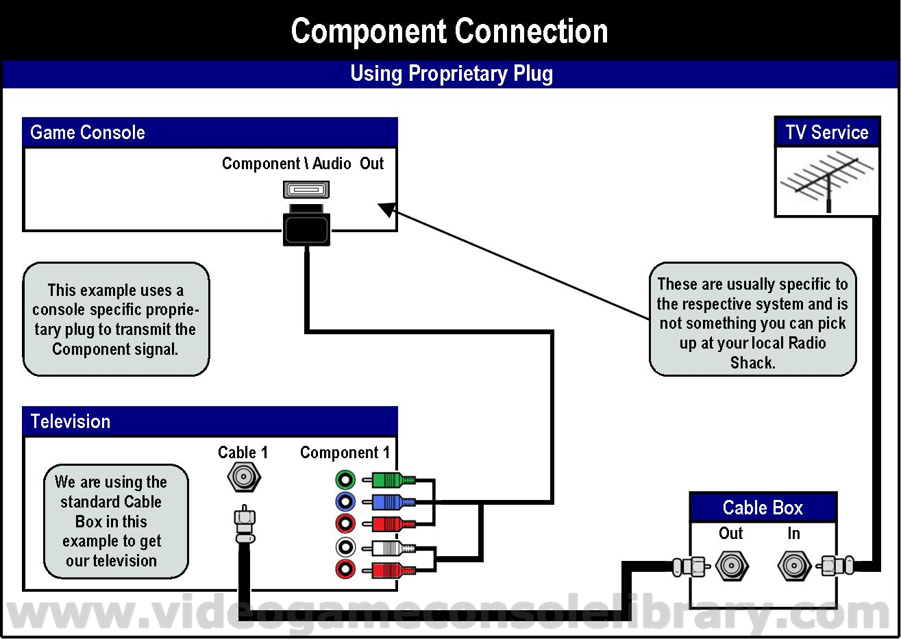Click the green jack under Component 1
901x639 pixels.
345,479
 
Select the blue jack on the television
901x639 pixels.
345,501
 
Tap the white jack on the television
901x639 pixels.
345,547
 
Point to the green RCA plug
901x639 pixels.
388,479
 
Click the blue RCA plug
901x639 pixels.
388,502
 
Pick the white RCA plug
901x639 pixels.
388,548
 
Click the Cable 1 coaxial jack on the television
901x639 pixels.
244,477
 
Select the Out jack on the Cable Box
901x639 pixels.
731,566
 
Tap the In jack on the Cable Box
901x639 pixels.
794,566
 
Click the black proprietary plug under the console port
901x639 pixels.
306,225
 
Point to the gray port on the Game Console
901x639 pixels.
306,190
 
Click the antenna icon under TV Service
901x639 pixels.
826,181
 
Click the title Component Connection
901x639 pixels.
449,31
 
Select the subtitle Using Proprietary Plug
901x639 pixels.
452,73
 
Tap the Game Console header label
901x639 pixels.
87,132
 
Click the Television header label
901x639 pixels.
71,421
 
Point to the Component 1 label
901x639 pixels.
345,453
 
